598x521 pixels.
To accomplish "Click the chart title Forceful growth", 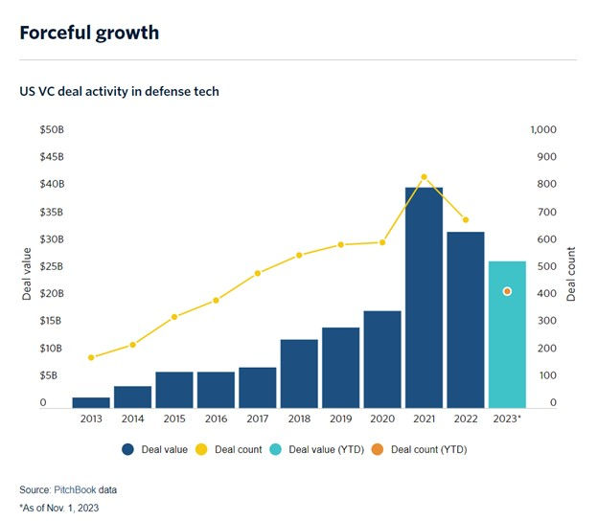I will [89, 33].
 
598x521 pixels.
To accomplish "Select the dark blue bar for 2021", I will [424, 297].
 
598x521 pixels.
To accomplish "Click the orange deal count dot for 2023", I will [507, 291].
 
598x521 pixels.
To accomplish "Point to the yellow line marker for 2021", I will [424, 177].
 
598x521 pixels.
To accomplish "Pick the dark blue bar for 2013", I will [91, 402].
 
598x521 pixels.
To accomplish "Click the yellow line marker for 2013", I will [91, 357].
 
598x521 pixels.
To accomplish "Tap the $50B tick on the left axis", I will [50, 129].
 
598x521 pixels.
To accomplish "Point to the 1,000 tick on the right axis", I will [543, 129].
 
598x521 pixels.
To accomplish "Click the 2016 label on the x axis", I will [216, 419].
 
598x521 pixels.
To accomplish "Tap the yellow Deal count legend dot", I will [201, 449].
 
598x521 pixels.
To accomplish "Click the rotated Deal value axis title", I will [28, 274].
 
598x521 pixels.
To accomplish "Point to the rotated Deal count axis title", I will [571, 274].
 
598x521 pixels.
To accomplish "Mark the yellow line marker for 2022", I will [466, 219].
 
